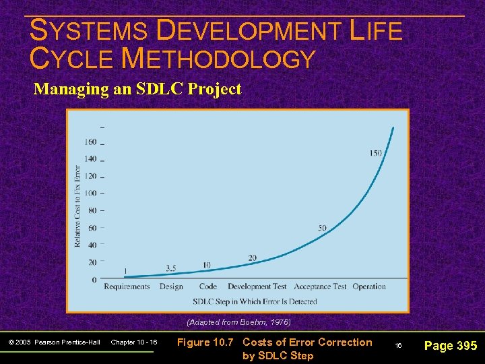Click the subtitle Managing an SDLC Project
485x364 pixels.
[137, 89]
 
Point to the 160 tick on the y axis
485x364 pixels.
[90, 142]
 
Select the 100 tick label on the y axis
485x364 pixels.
[90, 193]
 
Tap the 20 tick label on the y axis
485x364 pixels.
[92, 262]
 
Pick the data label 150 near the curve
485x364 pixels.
[375, 153]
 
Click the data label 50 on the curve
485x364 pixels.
[322, 228]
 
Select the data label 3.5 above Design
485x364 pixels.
[171, 268]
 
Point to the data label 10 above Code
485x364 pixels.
[206, 265]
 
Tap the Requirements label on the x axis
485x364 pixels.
[127, 286]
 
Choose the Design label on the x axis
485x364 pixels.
[171, 286]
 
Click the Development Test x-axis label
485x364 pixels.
[257, 286]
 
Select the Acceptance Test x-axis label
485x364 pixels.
[320, 286]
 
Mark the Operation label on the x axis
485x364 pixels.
[369, 286]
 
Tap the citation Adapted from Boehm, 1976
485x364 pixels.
[238, 322]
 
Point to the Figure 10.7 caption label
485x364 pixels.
[206, 342]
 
